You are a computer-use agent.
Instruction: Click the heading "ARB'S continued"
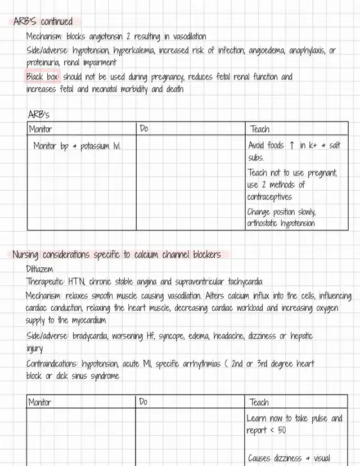pyautogui.click(x=43, y=22)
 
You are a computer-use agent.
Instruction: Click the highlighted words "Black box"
pyautogui.click(x=43, y=77)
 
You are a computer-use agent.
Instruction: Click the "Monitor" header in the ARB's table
pyautogui.click(x=40, y=129)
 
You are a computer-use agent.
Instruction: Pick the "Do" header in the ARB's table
pyautogui.click(x=144, y=129)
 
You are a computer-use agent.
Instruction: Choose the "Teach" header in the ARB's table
pyautogui.click(x=259, y=129)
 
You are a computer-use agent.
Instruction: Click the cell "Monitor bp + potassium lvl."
pyautogui.click(x=77, y=146)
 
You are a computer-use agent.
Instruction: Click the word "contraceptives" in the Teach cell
pyautogui.click(x=269, y=197)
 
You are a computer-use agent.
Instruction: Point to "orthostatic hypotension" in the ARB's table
pyautogui.click(x=281, y=223)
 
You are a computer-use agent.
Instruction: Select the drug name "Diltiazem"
pyautogui.click(x=40, y=269)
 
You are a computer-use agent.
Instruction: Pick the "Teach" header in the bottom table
pyautogui.click(x=259, y=402)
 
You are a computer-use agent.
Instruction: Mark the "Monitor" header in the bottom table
pyautogui.click(x=40, y=402)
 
